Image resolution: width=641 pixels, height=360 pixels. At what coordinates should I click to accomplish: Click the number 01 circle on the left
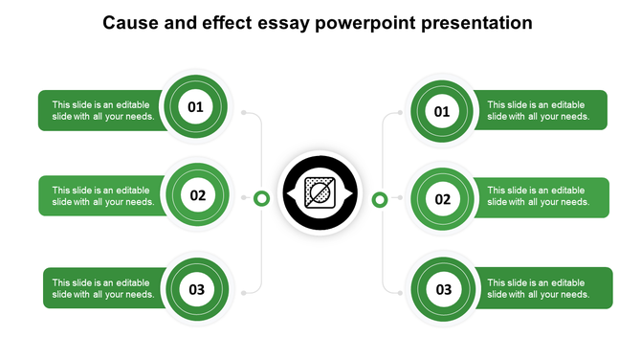click(195, 107)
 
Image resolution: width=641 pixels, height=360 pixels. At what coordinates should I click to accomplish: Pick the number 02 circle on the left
click(198, 196)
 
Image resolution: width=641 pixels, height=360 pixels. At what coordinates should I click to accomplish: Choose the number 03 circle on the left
click(197, 288)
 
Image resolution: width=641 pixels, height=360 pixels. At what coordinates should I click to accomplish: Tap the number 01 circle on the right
click(442, 112)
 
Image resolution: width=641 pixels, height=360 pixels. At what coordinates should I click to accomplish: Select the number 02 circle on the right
click(443, 200)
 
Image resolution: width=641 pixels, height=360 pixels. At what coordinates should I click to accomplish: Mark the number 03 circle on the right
click(444, 289)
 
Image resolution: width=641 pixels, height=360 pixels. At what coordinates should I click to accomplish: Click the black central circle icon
click(320, 193)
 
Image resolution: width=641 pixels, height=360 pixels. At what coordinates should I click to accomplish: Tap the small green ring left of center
click(261, 198)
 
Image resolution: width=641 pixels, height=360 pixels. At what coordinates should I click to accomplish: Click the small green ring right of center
click(379, 199)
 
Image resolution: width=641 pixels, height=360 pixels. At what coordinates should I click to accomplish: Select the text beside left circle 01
click(102, 110)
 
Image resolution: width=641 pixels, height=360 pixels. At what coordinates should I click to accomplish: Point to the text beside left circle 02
click(102, 196)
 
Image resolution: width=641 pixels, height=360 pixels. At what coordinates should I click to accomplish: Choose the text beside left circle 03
click(103, 288)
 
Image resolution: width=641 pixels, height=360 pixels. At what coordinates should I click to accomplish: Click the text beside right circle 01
click(537, 110)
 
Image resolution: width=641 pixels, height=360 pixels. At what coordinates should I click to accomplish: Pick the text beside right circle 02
click(537, 196)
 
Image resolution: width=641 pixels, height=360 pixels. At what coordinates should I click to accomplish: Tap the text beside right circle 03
click(537, 288)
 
